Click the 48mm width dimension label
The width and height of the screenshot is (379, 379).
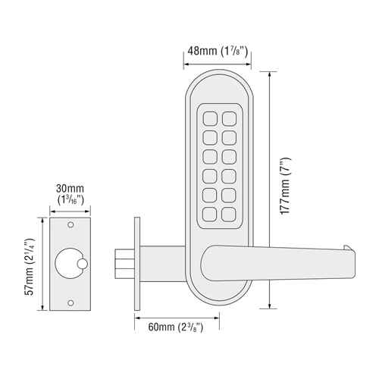click(218, 52)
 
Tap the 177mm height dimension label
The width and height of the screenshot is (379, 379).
click(286, 186)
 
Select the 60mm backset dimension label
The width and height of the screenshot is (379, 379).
click(176, 327)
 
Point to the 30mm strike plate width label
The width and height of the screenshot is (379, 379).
click(70, 194)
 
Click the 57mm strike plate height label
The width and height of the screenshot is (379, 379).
click(29, 267)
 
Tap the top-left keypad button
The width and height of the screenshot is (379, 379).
click(210, 119)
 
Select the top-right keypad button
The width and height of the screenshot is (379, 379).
click(230, 119)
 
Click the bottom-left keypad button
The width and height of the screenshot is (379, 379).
click(210, 215)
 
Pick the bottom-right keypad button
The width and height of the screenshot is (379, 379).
click(229, 215)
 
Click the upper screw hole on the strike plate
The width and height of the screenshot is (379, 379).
click(70, 224)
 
